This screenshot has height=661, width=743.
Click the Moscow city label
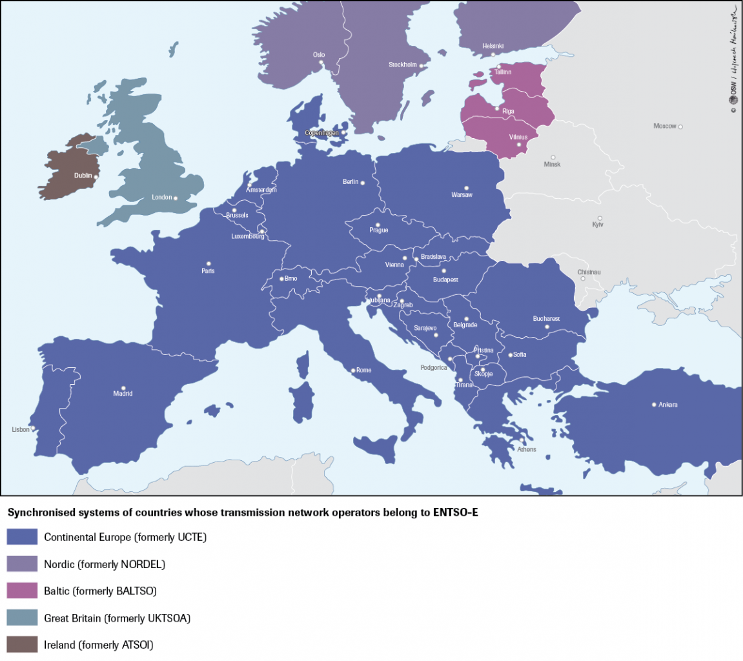(x=664, y=126)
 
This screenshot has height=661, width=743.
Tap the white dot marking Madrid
(x=123, y=387)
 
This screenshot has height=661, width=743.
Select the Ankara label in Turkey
(x=668, y=405)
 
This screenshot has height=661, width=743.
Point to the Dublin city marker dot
(x=96, y=176)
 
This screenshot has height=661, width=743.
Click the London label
(x=161, y=198)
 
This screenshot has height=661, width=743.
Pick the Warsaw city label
(x=462, y=195)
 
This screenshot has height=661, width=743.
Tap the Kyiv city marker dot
(x=600, y=218)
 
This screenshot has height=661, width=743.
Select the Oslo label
(x=319, y=55)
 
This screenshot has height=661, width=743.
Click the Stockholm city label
(x=403, y=65)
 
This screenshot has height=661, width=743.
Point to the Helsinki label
(x=493, y=46)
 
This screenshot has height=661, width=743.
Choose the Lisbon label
(x=21, y=429)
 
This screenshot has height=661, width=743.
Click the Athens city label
(x=526, y=449)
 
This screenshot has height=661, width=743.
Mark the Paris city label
(x=208, y=271)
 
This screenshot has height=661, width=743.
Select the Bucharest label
(x=546, y=319)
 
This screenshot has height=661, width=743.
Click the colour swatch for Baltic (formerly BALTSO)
(x=22, y=591)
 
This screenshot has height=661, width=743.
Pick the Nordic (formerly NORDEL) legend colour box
(x=22, y=564)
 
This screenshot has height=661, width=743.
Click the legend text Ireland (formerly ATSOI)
(x=98, y=644)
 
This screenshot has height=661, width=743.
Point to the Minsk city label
(x=553, y=165)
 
